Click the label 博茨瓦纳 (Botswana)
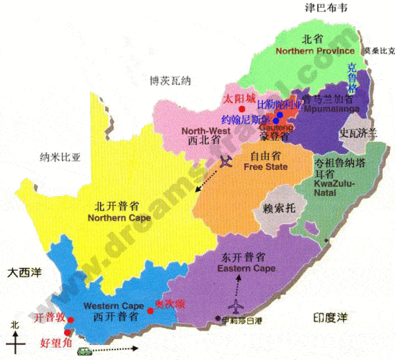[x=167, y=81]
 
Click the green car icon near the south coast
[x=85, y=351]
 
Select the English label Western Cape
[x=107, y=305]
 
